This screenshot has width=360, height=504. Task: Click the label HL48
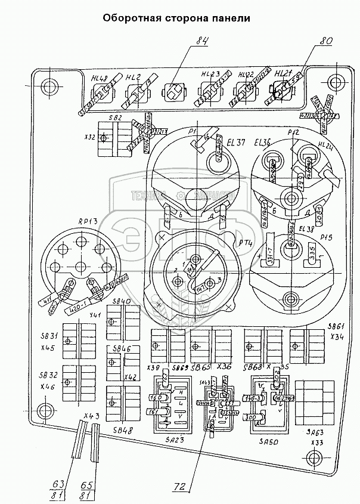point(100,78)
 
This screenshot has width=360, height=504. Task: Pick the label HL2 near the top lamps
point(133,78)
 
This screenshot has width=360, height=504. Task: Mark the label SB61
point(337,327)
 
